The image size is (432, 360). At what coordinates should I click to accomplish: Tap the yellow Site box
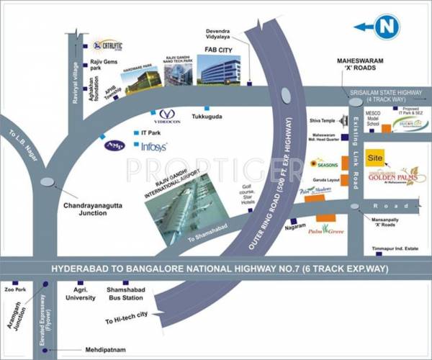pyautogui.click(x=374, y=157)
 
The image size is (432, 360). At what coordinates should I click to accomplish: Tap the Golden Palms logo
pyautogui.click(x=397, y=176)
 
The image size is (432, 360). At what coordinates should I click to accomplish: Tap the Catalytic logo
pyautogui.click(x=109, y=45)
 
